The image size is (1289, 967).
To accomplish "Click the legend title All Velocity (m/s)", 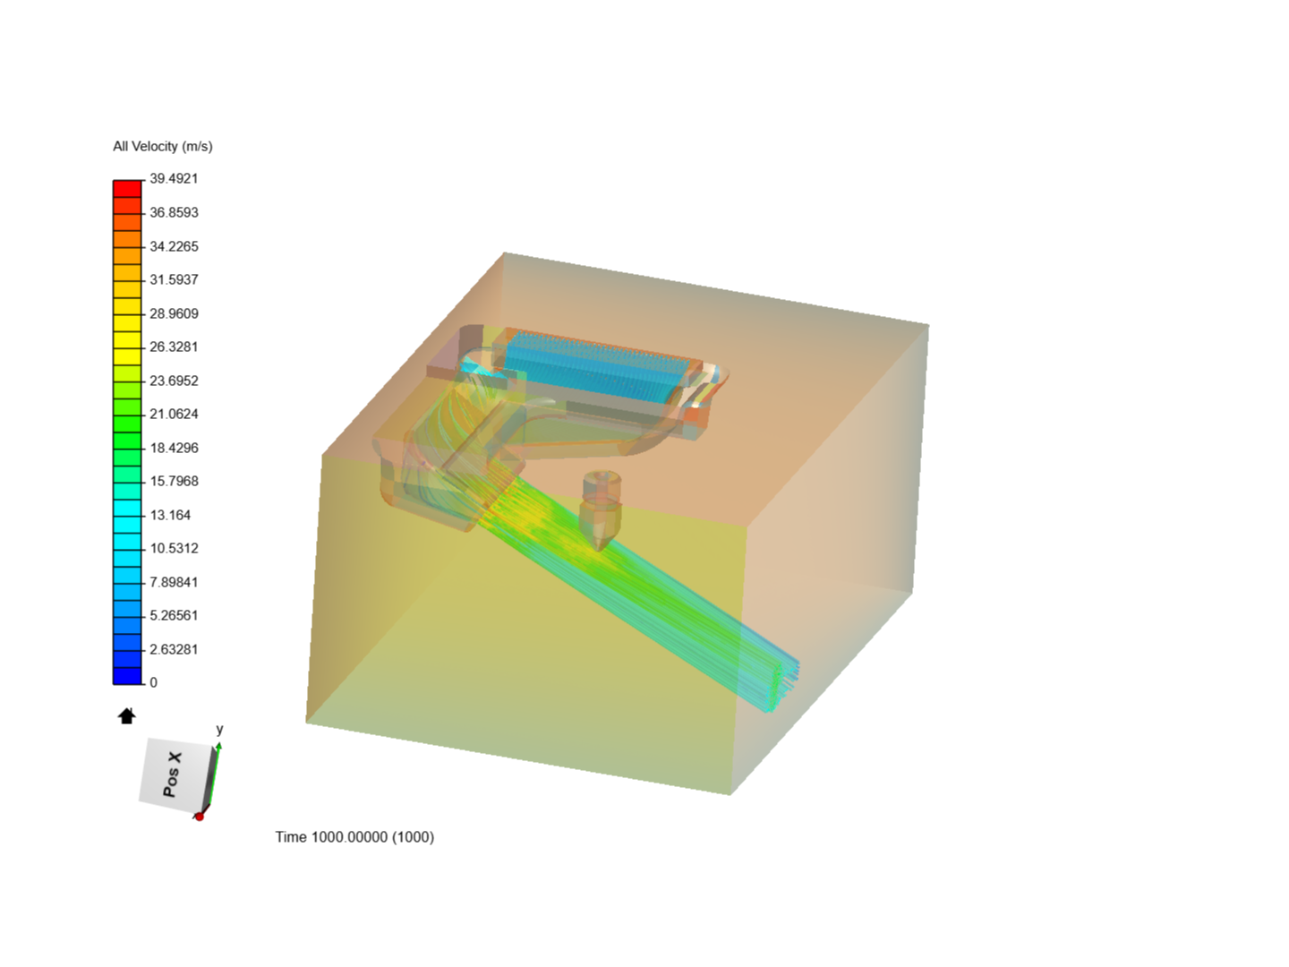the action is coord(163,146).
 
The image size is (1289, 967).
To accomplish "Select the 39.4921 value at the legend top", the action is coord(174,178).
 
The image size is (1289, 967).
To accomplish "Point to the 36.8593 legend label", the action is coord(174,212).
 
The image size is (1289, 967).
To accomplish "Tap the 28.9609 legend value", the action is coord(174,313).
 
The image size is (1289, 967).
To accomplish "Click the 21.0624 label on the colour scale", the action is coord(174,414).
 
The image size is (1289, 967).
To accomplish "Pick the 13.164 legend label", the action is coord(170,515).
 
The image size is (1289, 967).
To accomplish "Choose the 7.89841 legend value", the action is coord(174,582).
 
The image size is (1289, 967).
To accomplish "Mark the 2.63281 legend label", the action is coord(174,649).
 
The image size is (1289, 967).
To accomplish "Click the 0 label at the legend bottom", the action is coord(154,682).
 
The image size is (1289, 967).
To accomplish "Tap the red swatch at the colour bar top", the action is coord(127,188).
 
